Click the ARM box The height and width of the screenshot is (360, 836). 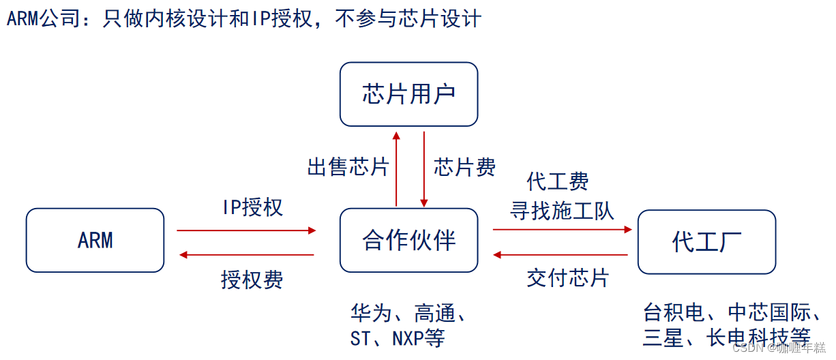(x=95, y=240)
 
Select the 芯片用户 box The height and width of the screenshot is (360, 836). (x=408, y=94)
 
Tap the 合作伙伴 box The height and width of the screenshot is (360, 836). (x=408, y=240)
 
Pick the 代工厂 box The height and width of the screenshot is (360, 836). (x=706, y=241)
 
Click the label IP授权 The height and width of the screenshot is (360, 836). (x=252, y=207)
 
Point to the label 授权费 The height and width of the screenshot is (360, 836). (x=252, y=280)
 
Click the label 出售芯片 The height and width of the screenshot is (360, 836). (x=348, y=167)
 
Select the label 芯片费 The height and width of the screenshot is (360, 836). (x=465, y=167)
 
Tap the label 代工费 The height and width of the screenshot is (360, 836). (x=558, y=182)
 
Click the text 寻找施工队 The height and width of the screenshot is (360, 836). (x=563, y=211)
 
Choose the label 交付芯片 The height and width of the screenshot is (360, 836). (x=567, y=278)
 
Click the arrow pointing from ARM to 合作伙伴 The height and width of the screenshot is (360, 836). (x=245, y=230)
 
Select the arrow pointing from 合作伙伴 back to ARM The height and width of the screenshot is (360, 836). (x=245, y=255)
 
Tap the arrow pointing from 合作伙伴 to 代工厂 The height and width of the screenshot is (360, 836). (x=562, y=230)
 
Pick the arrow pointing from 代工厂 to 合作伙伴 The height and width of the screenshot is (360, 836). (x=562, y=255)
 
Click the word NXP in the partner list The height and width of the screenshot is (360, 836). (x=407, y=338)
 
